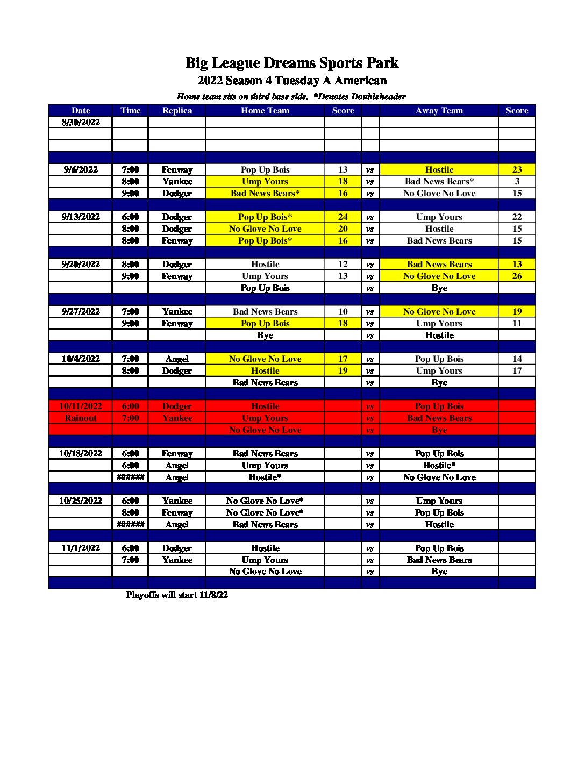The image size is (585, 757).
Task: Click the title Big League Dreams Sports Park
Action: [292, 63]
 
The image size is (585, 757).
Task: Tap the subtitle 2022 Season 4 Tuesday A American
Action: [292, 81]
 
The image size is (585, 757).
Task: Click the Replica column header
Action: [177, 110]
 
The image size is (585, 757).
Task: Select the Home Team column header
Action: [265, 110]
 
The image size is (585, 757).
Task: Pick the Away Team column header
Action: [439, 110]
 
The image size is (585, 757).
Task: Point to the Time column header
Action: [130, 110]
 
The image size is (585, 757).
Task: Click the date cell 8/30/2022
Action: [81, 122]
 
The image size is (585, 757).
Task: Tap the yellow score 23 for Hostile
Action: [517, 169]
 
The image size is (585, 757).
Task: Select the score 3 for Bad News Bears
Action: [517, 181]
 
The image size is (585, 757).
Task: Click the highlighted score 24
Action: [343, 217]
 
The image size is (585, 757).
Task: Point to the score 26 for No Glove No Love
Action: [517, 276]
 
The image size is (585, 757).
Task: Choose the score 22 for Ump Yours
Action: [517, 217]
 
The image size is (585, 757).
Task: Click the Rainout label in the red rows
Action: [81, 418]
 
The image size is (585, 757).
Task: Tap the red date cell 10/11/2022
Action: [81, 406]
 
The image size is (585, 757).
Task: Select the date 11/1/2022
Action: [81, 548]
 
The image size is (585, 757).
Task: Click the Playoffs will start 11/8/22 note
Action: [177, 595]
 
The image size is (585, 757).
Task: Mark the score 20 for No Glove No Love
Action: [343, 228]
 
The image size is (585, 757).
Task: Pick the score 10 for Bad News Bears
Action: [343, 311]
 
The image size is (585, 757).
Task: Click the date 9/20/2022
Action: [81, 264]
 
